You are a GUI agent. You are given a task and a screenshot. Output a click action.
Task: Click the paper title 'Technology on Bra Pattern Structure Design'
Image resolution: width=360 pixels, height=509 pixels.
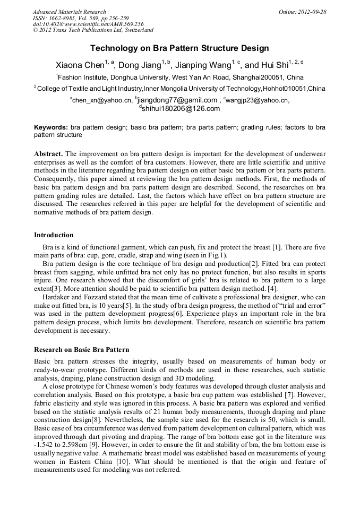point(179,48)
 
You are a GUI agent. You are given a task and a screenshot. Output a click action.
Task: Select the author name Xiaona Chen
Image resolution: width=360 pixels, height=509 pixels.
point(79,65)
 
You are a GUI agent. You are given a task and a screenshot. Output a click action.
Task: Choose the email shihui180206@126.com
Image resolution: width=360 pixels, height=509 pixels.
point(181,109)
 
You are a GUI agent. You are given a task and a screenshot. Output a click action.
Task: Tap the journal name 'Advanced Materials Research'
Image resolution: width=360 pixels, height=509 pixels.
point(70,12)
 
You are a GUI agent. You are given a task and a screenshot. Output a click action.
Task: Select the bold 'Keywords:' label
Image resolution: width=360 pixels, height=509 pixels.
point(51,127)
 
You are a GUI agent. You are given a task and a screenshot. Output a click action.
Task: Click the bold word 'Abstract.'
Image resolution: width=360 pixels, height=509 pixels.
point(49,153)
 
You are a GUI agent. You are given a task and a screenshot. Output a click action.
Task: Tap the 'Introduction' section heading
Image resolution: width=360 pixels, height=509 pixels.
point(54,235)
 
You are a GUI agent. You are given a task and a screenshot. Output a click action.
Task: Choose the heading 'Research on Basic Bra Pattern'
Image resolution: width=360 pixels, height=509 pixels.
point(81,350)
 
